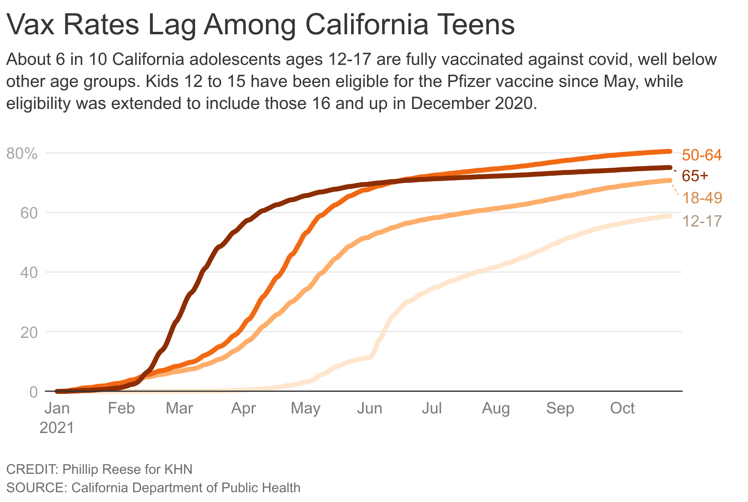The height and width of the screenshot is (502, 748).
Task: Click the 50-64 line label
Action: pyautogui.click(x=701, y=155)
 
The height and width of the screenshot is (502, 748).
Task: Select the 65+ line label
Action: pyautogui.click(x=695, y=176)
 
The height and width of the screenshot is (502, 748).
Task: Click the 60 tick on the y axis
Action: pyautogui.click(x=28, y=213)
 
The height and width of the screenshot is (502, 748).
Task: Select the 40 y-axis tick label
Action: pyautogui.click(x=28, y=273)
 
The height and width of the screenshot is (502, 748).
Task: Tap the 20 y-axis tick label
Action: pyautogui.click(x=28, y=332)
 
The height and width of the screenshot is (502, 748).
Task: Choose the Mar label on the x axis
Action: pyautogui.click(x=179, y=408)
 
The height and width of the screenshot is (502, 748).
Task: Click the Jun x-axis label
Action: pyautogui.click(x=369, y=408)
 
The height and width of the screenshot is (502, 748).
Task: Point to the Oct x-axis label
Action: pyautogui.click(x=622, y=408)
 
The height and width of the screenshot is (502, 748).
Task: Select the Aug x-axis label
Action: pyautogui.click(x=496, y=408)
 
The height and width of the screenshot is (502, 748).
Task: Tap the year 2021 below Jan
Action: pyautogui.click(x=57, y=428)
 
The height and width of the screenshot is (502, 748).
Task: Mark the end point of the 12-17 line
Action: pyautogui.click(x=670, y=216)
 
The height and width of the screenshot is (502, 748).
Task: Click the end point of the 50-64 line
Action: pyautogui.click(x=670, y=151)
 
